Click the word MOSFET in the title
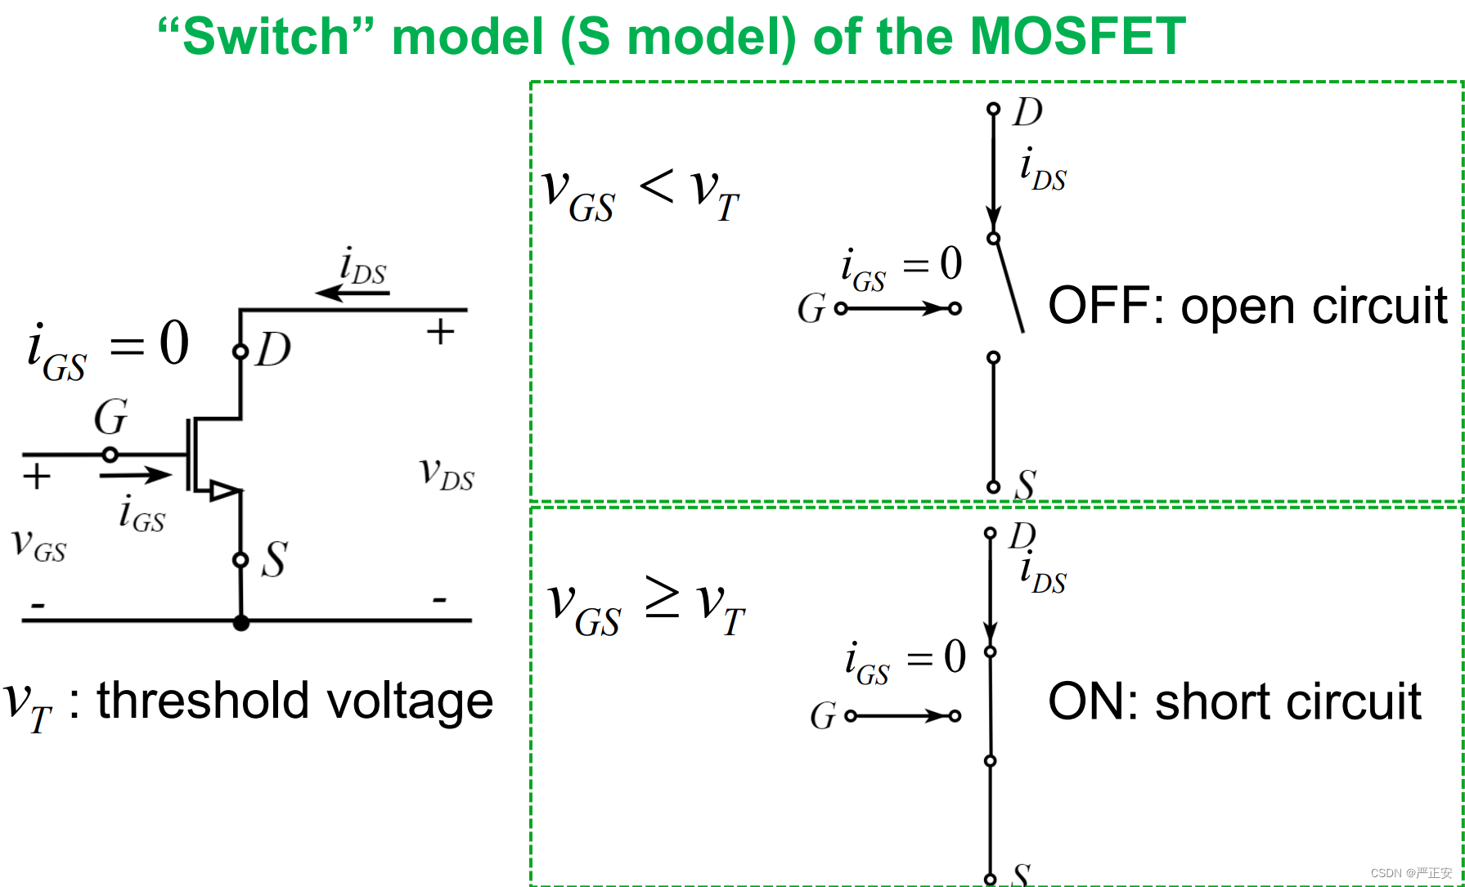click(x=1077, y=37)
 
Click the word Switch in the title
click(x=266, y=37)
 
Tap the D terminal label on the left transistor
click(x=273, y=350)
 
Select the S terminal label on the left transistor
click(x=274, y=560)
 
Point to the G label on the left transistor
click(x=110, y=417)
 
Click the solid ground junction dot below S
click(x=240, y=623)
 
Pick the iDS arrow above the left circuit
click(x=352, y=293)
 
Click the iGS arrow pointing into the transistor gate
click(x=135, y=474)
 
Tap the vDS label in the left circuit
click(x=447, y=474)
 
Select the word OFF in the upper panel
click(x=1100, y=307)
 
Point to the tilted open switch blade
click(x=1009, y=286)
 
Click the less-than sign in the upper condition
click(x=657, y=186)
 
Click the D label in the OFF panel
click(x=1027, y=112)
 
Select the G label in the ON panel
click(x=823, y=716)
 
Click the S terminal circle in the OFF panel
click(x=993, y=487)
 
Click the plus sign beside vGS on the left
click(x=37, y=477)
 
